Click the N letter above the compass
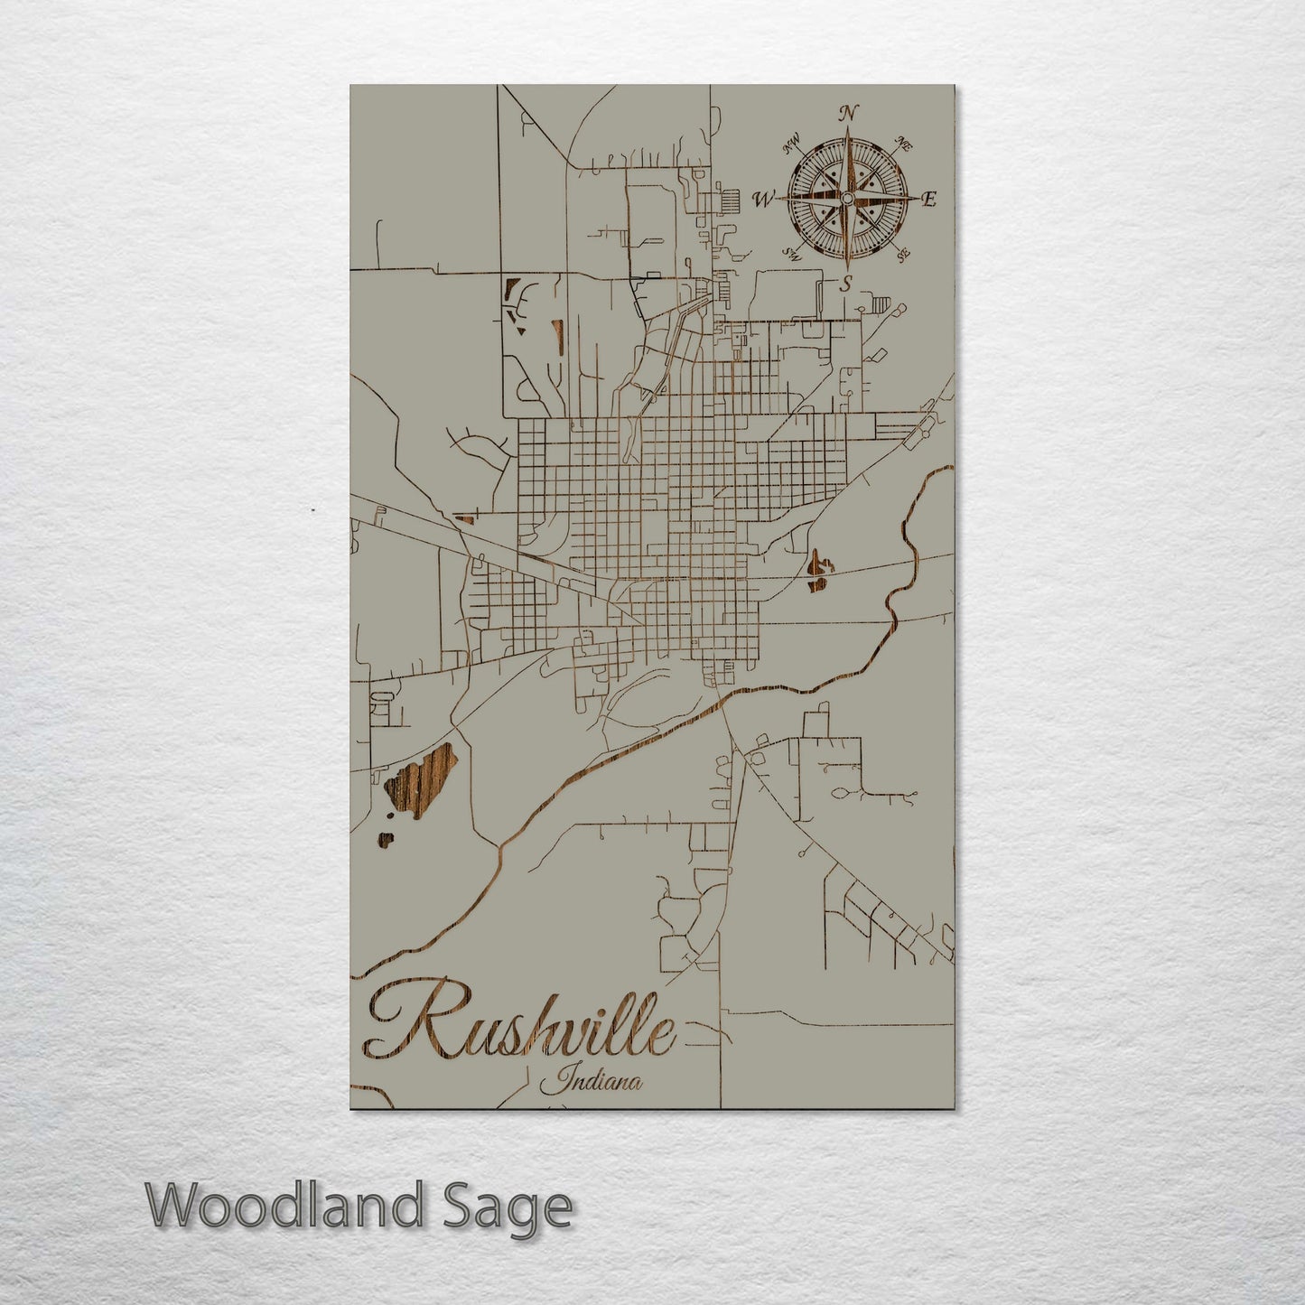(847, 113)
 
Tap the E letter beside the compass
(929, 200)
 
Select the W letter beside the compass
(764, 200)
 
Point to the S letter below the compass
(846, 284)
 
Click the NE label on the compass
(902, 142)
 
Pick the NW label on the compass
(792, 142)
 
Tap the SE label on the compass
(902, 255)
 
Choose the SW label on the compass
(793, 255)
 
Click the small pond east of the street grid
(819, 572)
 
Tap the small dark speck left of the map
(312, 510)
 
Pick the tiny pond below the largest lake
(386, 841)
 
